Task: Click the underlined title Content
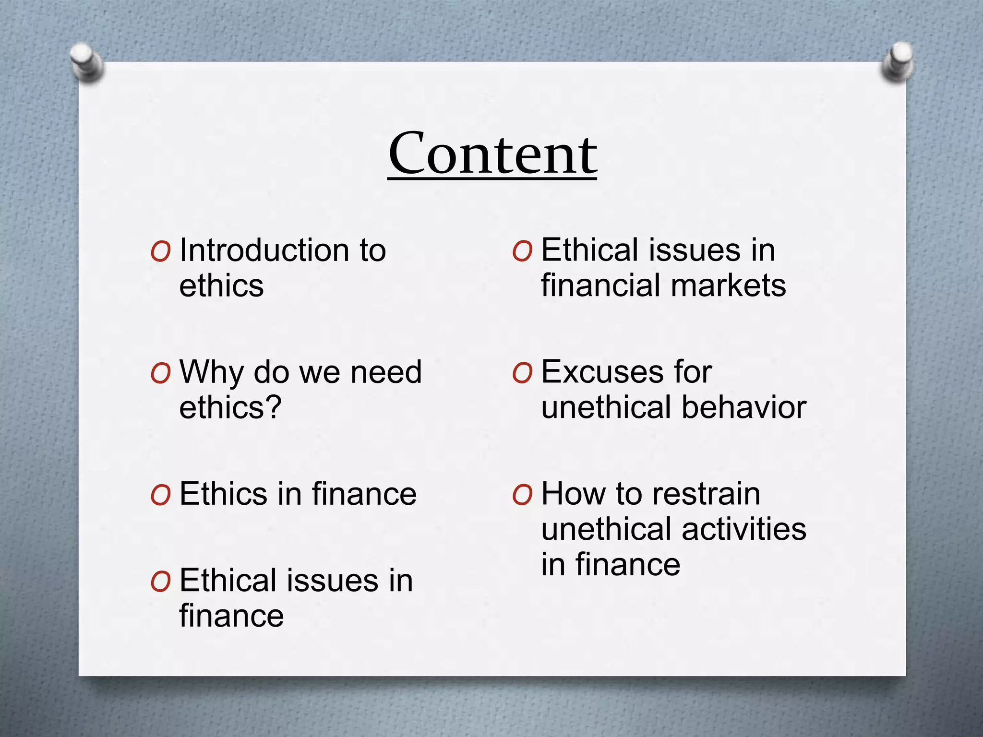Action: coord(492,154)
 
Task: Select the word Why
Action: coord(211,372)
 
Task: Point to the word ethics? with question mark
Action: coord(230,407)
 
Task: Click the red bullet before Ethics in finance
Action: coord(160,495)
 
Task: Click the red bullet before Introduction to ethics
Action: coord(160,251)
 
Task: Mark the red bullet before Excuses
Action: coord(522,373)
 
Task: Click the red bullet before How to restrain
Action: coord(522,495)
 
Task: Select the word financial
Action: coord(601,285)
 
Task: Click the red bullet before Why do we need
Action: coord(160,373)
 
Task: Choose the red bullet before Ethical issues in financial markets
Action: coord(522,251)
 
